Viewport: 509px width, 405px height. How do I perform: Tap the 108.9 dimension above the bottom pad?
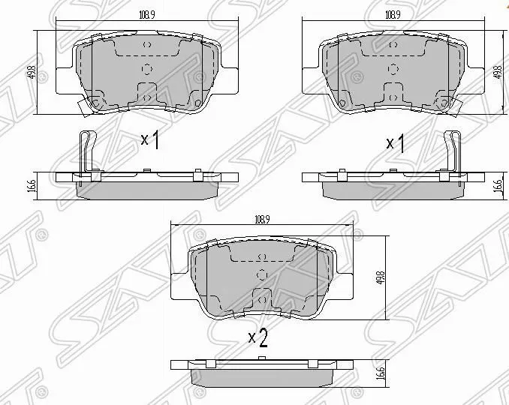[261, 220]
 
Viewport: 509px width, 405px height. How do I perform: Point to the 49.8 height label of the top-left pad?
[30, 75]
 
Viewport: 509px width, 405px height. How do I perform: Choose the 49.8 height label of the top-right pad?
[498, 73]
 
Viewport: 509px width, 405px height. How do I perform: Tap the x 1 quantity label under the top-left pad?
[150, 141]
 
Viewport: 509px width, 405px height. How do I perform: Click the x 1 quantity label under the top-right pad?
[395, 142]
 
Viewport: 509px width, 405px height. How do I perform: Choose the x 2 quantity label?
[258, 340]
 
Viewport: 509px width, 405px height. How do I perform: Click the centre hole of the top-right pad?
[391, 70]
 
